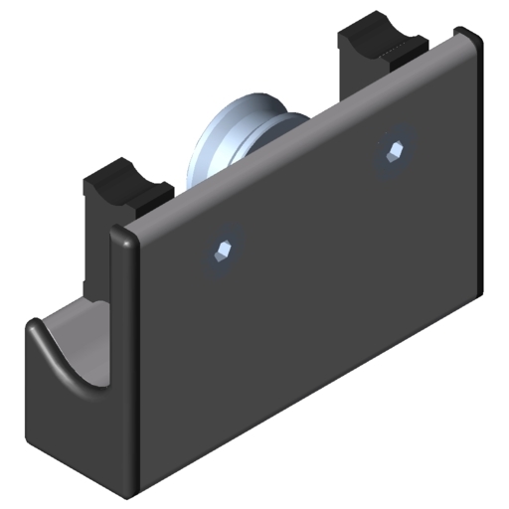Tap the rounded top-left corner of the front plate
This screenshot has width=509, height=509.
click(x=121, y=239)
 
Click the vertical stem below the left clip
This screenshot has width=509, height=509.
click(x=95, y=258)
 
